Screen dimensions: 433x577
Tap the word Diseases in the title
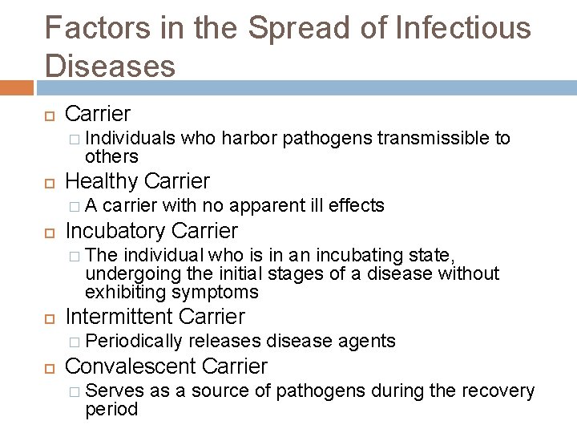pyautogui.click(x=111, y=66)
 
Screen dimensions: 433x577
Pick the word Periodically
pyautogui.click(x=134, y=341)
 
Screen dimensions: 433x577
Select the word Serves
pyautogui.click(x=112, y=391)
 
